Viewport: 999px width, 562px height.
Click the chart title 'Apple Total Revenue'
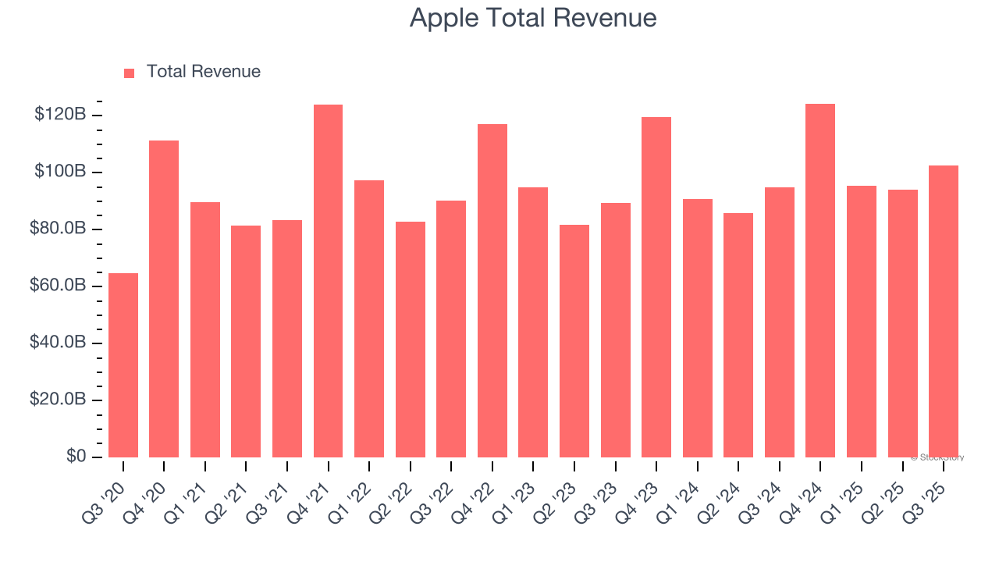[x=532, y=18]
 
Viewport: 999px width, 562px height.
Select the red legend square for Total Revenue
[x=129, y=73]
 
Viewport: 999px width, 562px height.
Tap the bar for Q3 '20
[x=123, y=365]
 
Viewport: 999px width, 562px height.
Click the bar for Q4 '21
[x=328, y=281]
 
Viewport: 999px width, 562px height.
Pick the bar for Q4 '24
[x=820, y=280]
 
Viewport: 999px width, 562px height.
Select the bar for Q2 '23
[x=574, y=340]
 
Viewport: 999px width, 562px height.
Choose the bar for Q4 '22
[x=492, y=290]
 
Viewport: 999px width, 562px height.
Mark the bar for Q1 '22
[x=369, y=318]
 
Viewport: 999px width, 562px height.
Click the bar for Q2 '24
[x=738, y=335]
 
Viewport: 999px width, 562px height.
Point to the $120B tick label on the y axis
[x=59, y=115]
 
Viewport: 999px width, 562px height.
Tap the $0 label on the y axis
[x=75, y=457]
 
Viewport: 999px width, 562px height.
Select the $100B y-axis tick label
[x=59, y=172]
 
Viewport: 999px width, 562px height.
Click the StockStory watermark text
[x=937, y=457]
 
